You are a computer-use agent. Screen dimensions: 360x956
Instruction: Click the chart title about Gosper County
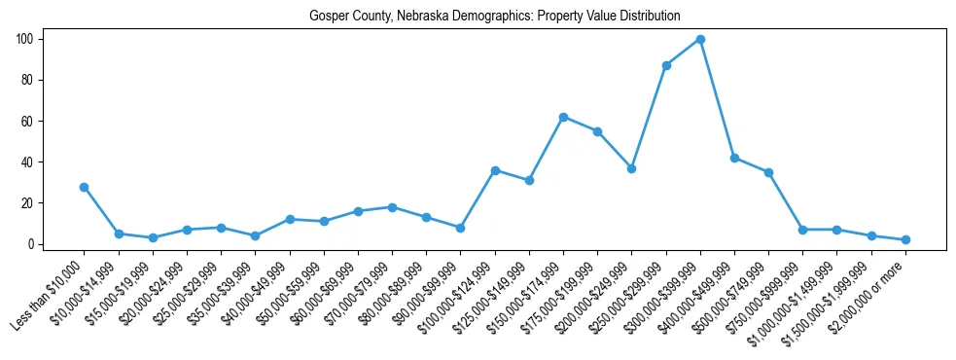(x=494, y=16)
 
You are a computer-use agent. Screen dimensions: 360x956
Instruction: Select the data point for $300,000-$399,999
(x=700, y=39)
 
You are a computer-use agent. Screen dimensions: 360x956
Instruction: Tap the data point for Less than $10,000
(x=85, y=187)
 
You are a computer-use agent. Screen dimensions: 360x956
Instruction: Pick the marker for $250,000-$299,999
(x=666, y=65)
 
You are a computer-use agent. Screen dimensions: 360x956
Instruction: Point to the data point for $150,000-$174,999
(x=563, y=117)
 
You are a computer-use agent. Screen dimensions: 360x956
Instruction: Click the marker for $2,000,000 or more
(x=905, y=239)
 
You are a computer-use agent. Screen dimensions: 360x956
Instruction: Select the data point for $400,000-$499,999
(x=734, y=158)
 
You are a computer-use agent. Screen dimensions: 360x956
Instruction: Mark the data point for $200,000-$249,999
(x=631, y=168)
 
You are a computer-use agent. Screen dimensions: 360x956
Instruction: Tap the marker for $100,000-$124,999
(x=495, y=170)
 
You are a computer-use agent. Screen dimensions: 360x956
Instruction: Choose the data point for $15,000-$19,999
(x=153, y=237)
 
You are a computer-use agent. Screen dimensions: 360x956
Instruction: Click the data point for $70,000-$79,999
(x=392, y=207)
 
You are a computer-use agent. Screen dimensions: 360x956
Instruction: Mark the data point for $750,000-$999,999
(x=802, y=230)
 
